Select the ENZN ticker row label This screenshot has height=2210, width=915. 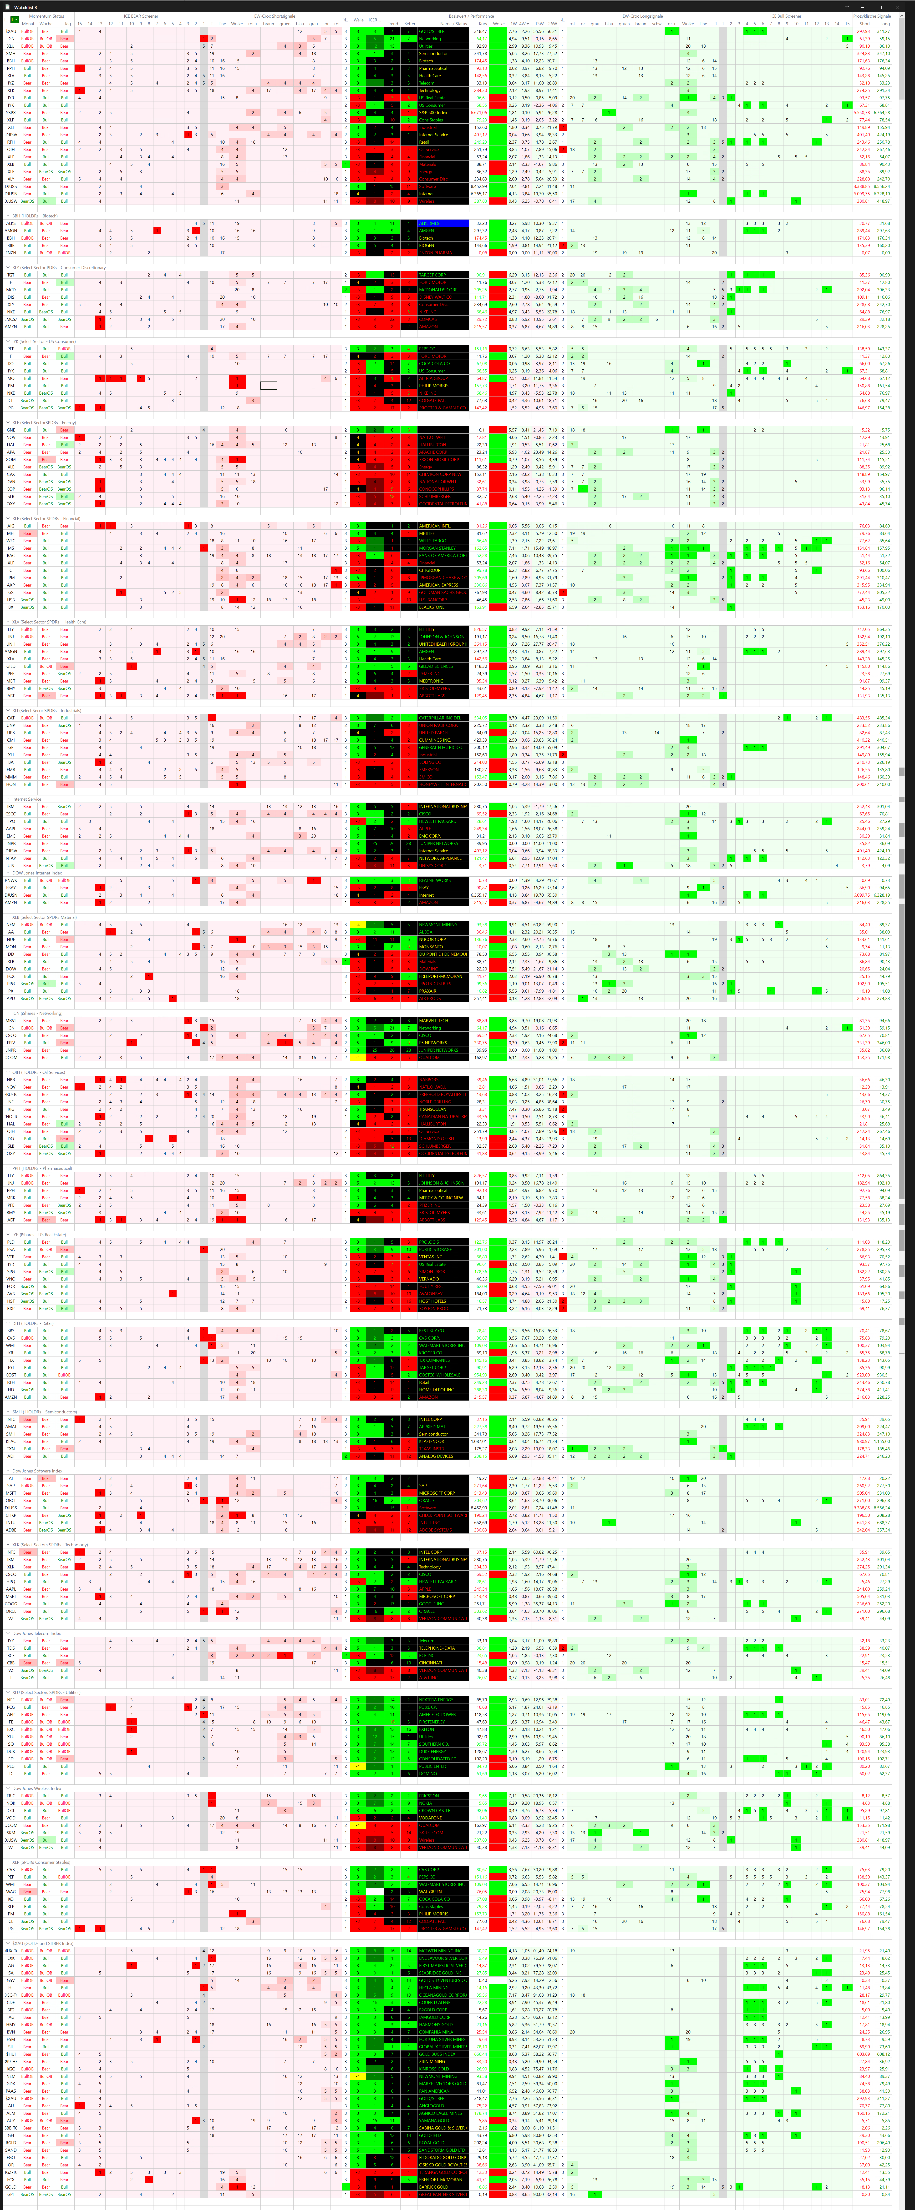pyautogui.click(x=11, y=253)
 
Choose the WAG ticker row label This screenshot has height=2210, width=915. pyautogui.click(x=11, y=1892)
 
